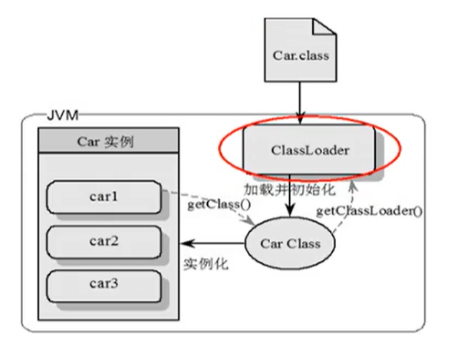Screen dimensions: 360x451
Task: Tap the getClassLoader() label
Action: (x=370, y=210)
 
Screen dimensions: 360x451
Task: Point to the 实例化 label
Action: (x=202, y=263)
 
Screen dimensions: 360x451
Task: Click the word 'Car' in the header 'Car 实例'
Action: (x=89, y=142)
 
